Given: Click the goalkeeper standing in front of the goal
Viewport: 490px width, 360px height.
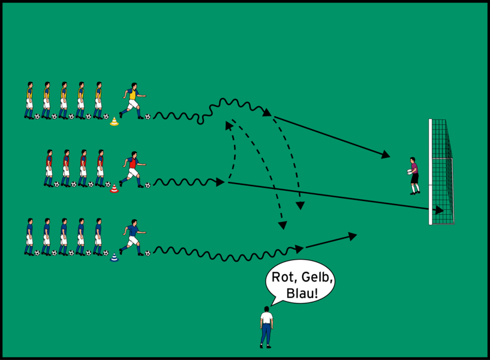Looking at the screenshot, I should click(x=413, y=175).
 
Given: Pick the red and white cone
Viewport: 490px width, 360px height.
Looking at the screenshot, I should click(x=114, y=190).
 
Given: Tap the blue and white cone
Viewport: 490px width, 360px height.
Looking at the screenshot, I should click(x=114, y=257).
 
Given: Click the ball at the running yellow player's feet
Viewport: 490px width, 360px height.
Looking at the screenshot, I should click(x=148, y=116).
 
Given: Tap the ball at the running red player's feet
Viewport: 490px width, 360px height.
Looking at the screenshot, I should click(x=148, y=185).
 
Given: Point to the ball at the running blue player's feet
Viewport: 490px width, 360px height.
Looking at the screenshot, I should click(x=148, y=253).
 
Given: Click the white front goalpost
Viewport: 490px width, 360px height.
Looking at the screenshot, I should click(x=431, y=172).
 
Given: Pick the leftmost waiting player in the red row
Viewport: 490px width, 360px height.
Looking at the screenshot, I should click(x=49, y=167).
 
